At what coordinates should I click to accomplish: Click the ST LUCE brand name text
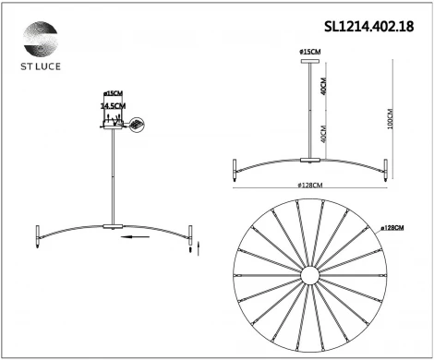pyautogui.click(x=40, y=68)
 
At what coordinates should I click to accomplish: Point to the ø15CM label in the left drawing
pyautogui.click(x=114, y=94)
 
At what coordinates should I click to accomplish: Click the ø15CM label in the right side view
pyautogui.click(x=309, y=50)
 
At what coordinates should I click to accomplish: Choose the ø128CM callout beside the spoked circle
pyautogui.click(x=394, y=227)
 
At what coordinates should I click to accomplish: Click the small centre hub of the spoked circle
pyautogui.click(x=307, y=277)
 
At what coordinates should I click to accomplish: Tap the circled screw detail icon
pyautogui.click(x=138, y=124)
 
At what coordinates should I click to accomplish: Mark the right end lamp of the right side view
pyautogui.click(x=383, y=170)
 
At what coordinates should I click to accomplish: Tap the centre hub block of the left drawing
pyautogui.click(x=113, y=225)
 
